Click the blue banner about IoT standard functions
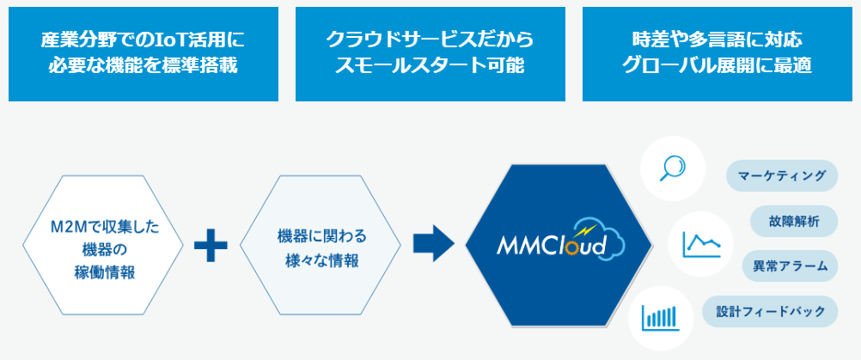point(143,53)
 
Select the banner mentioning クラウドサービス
point(430,53)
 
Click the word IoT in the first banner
point(161,40)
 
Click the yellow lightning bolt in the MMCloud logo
point(586,230)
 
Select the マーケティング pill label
point(782,176)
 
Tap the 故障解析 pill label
point(794,222)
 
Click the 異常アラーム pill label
point(790,266)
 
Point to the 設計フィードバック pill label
point(769,311)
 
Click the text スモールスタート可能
point(430,66)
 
